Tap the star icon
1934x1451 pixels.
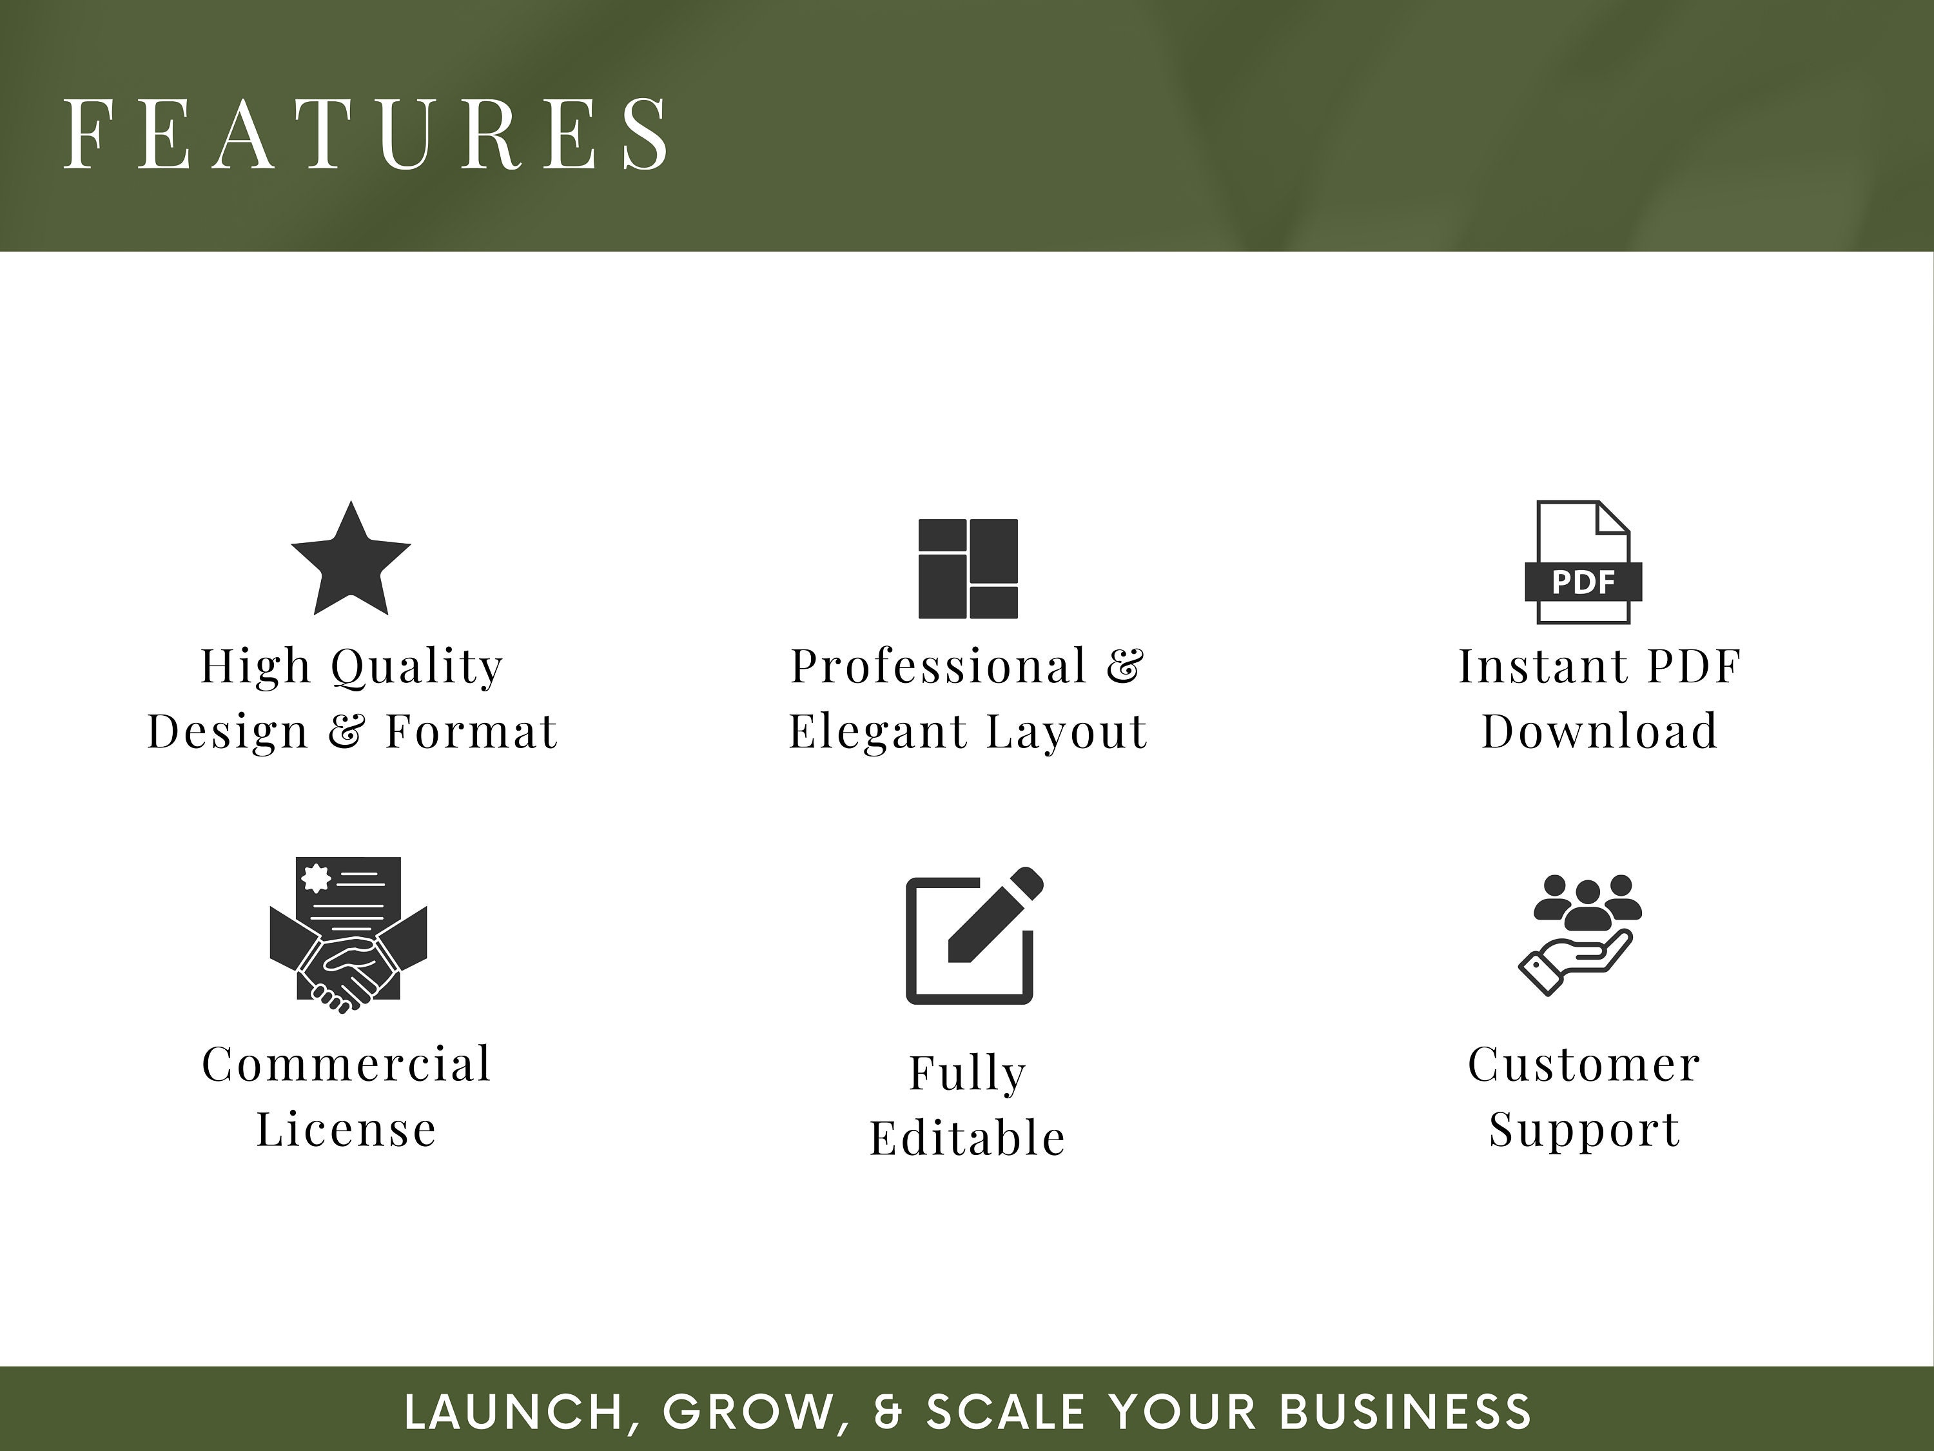[x=351, y=560]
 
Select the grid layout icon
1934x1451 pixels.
[x=968, y=569]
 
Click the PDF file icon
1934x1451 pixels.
[x=1583, y=562]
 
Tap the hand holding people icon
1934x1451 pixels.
[x=1580, y=933]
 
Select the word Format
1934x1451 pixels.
[x=471, y=731]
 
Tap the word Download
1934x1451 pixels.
[x=1599, y=731]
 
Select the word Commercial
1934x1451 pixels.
[x=347, y=1065]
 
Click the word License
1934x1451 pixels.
[x=346, y=1129]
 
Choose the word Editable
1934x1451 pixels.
[x=967, y=1138]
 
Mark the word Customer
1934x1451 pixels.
[x=1585, y=1065]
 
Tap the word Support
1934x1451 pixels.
[x=1585, y=1130]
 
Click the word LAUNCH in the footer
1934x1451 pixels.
[x=514, y=1412]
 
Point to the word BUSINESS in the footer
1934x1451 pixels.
[x=1405, y=1412]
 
